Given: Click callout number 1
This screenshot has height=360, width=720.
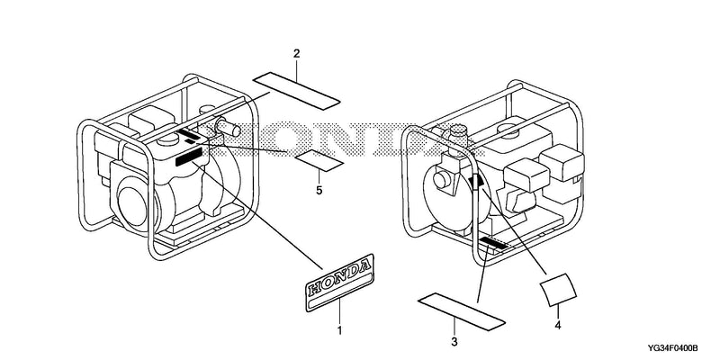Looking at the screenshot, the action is coord(340,330).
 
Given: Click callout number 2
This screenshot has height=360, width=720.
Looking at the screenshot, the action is coord(297,54).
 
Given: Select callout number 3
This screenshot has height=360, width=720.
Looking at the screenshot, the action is coord(454,342).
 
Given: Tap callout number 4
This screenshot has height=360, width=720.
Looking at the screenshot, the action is coord(558,326).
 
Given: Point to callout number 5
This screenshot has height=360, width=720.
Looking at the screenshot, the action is coord(319,190).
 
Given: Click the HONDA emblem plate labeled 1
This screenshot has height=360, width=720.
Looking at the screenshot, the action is coord(340,283).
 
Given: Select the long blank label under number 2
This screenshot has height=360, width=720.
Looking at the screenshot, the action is coord(297,91).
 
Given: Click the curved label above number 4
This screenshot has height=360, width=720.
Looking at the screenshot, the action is coord(558,290).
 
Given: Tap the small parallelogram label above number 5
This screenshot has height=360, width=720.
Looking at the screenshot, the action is coord(319,160).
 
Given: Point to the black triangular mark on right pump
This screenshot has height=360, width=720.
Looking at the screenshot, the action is coord(476,181).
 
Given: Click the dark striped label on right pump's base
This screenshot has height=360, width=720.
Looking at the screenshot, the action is coord(492,243).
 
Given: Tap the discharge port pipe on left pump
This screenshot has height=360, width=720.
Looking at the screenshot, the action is coord(227,127).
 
